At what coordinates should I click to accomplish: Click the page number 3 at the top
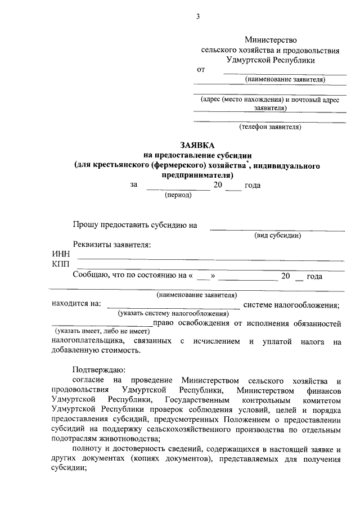(198, 16)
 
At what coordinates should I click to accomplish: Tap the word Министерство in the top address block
(270, 40)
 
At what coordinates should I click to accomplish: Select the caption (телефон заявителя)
(270, 127)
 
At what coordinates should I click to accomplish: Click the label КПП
(61, 264)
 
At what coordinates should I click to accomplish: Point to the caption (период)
(178, 195)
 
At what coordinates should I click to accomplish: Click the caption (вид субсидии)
(277, 235)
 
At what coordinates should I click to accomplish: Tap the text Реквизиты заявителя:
(112, 245)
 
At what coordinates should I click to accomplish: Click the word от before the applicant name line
(201, 70)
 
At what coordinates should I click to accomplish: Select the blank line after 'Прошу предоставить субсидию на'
(277, 229)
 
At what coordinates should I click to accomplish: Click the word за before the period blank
(134, 184)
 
